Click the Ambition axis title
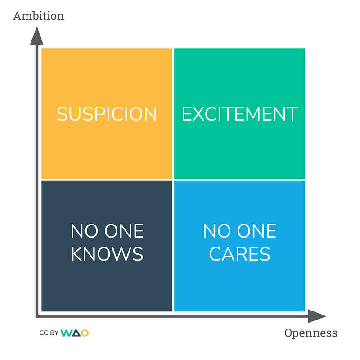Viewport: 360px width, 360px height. click(x=39, y=16)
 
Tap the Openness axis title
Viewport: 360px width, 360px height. click(x=310, y=333)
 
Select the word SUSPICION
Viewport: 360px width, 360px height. click(x=107, y=114)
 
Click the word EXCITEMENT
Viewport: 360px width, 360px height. click(x=239, y=114)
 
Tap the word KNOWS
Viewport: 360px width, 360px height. click(x=107, y=254)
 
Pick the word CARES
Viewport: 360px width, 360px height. click(x=239, y=254)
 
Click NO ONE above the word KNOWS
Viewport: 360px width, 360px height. click(x=107, y=231)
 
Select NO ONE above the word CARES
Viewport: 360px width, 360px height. click(x=239, y=231)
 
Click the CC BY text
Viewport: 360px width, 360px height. click(x=48, y=333)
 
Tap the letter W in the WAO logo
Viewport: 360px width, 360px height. click(x=66, y=333)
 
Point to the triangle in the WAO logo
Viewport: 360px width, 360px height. click(x=76, y=333)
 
